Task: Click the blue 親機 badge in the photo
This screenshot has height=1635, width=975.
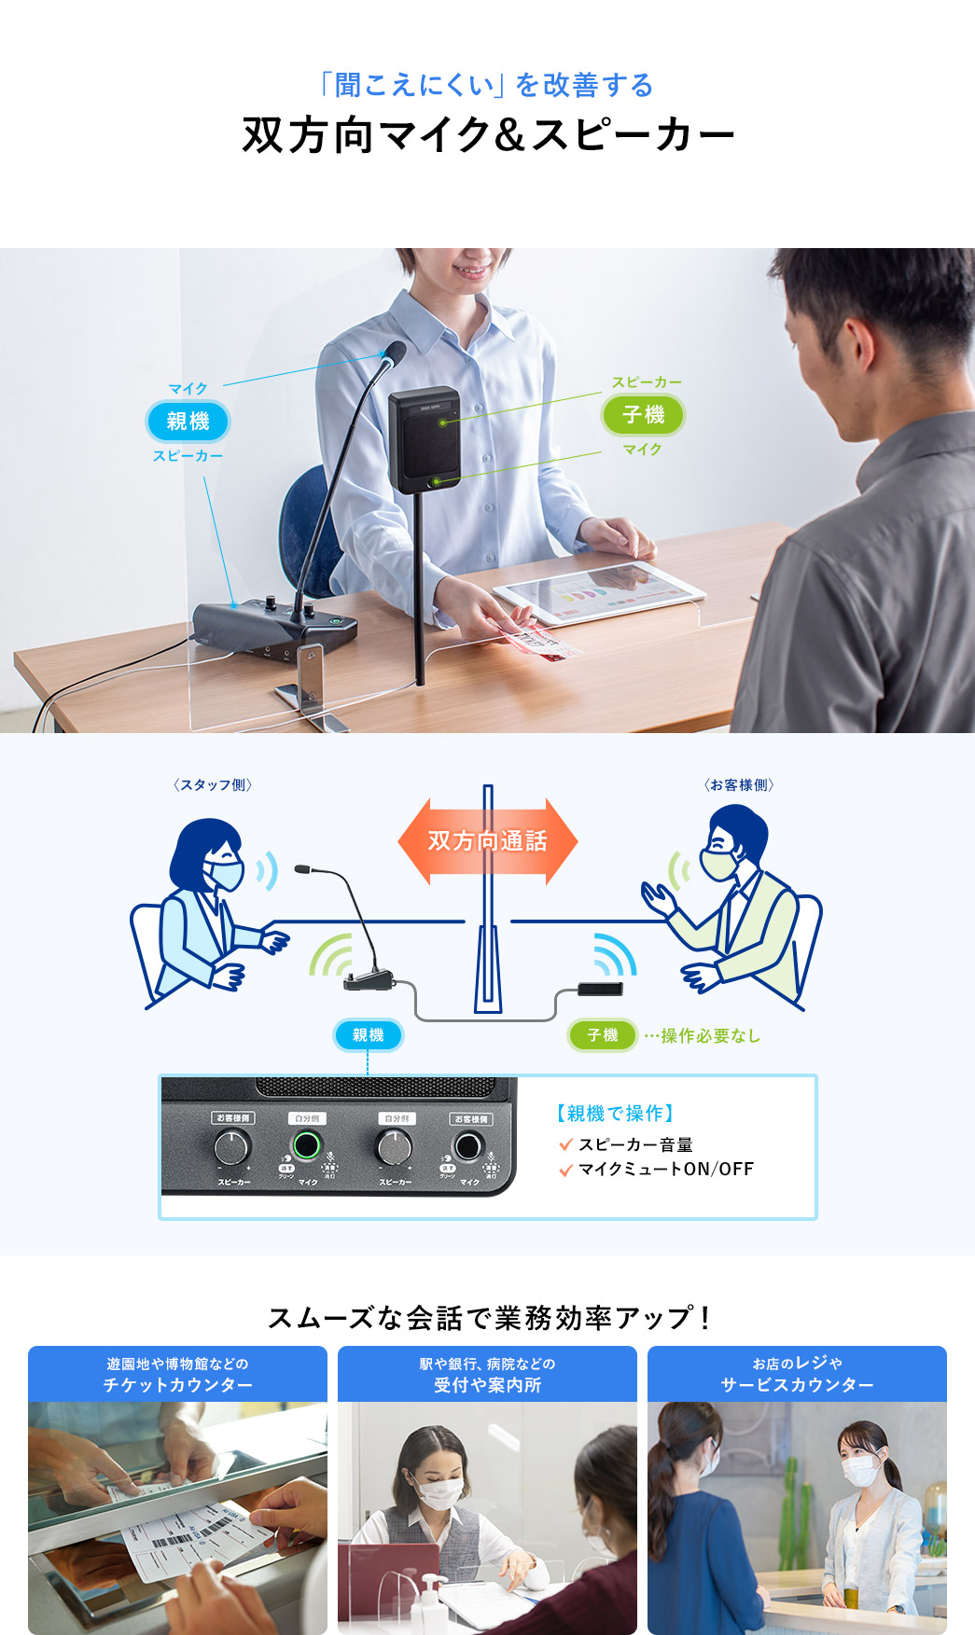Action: pyautogui.click(x=188, y=421)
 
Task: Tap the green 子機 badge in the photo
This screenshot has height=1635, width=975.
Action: pyautogui.click(x=644, y=414)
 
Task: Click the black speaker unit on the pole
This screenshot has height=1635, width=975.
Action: pyautogui.click(x=425, y=438)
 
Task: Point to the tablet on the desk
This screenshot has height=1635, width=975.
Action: pyautogui.click(x=598, y=593)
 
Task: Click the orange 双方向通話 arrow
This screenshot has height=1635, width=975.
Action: pyautogui.click(x=487, y=841)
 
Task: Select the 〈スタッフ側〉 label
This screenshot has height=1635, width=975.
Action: pyautogui.click(x=213, y=785)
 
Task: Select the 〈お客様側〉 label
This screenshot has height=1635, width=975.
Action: pyautogui.click(x=739, y=785)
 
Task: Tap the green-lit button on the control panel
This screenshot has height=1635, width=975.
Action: pyautogui.click(x=306, y=1144)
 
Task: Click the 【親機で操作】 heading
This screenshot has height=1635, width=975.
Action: pyautogui.click(x=615, y=1113)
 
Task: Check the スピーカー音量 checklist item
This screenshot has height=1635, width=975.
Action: pyautogui.click(x=634, y=1144)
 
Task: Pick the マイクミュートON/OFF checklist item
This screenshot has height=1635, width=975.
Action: pyautogui.click(x=664, y=1170)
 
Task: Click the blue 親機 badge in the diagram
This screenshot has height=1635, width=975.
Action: pyautogui.click(x=368, y=1035)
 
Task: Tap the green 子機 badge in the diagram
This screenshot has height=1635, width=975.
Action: pyautogui.click(x=602, y=1035)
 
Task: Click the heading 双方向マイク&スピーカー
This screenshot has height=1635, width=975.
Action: pyautogui.click(x=488, y=134)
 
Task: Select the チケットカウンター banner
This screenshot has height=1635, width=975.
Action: pyautogui.click(x=177, y=1374)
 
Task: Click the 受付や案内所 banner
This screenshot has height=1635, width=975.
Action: pyautogui.click(x=487, y=1374)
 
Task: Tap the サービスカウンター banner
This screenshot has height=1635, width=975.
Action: pyautogui.click(x=797, y=1374)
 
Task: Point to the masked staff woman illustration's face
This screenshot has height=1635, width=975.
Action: pyautogui.click(x=221, y=868)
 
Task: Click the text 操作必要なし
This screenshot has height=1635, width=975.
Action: pyautogui.click(x=710, y=1036)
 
